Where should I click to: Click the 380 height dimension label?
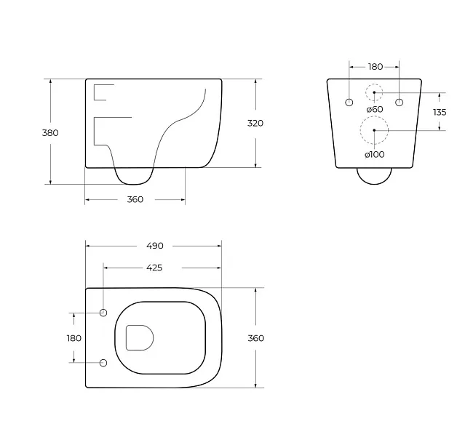coord(50,132)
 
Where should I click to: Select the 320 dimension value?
coord(255,123)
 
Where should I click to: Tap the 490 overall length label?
coord(155,246)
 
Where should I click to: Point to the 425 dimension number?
coord(154,268)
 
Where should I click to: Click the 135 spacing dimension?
coord(440,112)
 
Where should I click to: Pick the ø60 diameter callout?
coord(375,109)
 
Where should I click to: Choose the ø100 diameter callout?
coord(375,154)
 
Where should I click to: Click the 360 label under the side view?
coord(135,199)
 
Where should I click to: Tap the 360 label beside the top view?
coord(256,338)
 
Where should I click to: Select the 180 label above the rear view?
coord(375,67)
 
